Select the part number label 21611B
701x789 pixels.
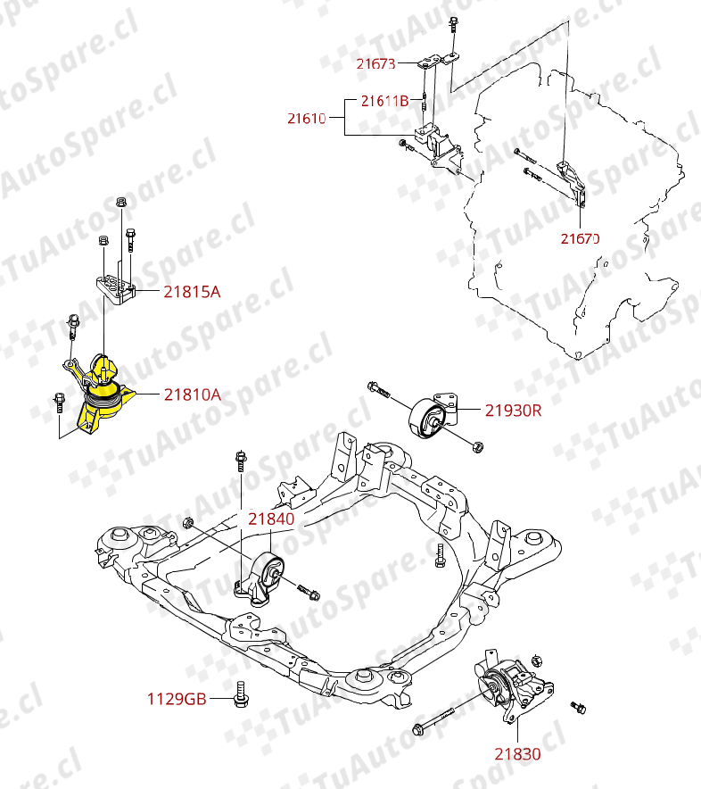coord(385,101)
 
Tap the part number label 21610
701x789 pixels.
coord(306,118)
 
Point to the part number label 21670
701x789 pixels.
coord(580,238)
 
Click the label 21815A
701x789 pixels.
coord(192,291)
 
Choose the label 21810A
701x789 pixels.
coord(192,394)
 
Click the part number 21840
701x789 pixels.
coord(271,519)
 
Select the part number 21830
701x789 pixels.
coord(517,754)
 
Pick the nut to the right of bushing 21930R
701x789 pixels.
coord(477,445)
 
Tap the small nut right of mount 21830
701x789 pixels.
coord(578,708)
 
